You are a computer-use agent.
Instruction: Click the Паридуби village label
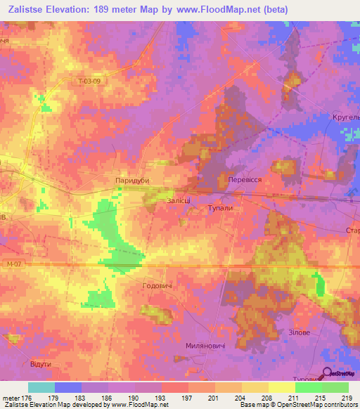pos(133,181)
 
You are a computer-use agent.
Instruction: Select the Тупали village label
pos(220,209)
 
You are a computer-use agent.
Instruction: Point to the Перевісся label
pos(245,180)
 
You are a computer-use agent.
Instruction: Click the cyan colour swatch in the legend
pos(41,387)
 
